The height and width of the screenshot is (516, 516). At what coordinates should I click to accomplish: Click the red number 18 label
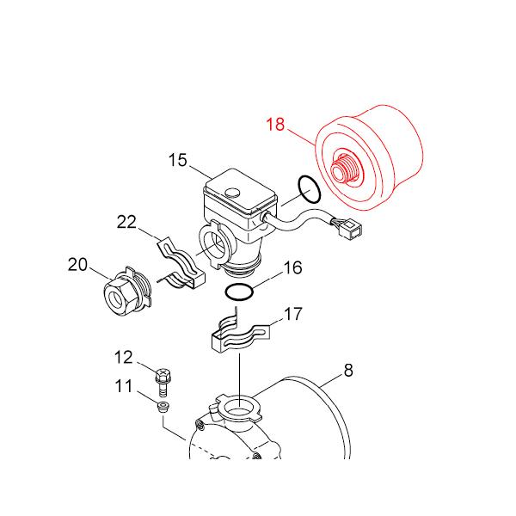[x=274, y=124]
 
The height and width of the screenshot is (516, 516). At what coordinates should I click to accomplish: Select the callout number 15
[x=177, y=160]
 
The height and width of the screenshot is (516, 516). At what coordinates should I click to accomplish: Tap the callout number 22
[x=126, y=223]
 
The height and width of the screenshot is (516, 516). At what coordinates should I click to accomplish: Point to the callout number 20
[x=78, y=265]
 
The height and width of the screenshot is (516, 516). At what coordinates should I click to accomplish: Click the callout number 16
[x=292, y=268]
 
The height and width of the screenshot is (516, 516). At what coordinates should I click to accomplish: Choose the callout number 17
[x=293, y=315]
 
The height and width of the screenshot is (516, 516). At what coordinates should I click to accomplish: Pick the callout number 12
[x=124, y=357]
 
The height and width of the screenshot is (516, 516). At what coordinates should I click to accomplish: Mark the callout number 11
[x=124, y=386]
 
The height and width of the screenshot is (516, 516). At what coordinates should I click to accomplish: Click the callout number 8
[x=347, y=372]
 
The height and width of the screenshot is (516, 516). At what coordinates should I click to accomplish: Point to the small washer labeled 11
[x=163, y=405]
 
